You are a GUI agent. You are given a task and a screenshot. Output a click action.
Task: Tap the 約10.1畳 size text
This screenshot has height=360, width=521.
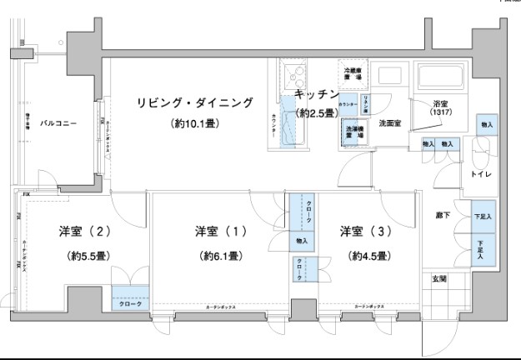tap(195, 124)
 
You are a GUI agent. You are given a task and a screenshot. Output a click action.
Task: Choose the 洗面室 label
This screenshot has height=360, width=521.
tap(390, 123)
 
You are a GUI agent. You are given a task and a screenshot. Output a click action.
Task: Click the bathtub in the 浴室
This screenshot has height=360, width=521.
tap(443, 77)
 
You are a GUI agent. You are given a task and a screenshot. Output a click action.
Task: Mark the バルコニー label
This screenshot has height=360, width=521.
tap(59, 124)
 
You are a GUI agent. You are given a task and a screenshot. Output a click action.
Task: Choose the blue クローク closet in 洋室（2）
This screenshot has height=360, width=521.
tap(131, 304)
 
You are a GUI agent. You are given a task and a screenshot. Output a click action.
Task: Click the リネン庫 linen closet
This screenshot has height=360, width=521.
tap(364, 103)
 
